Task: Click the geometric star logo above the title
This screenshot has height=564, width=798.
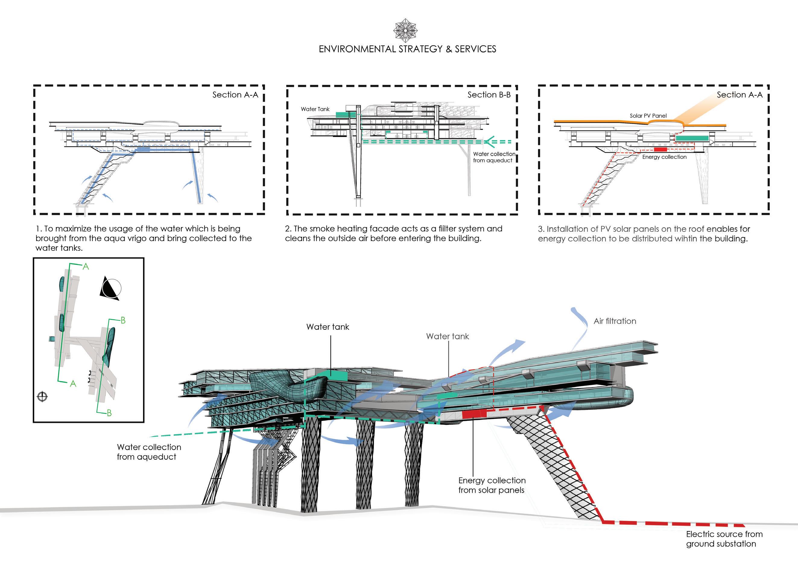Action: click(x=405, y=30)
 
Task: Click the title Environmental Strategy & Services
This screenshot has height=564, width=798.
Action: click(x=407, y=49)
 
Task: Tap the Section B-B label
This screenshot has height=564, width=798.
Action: click(x=489, y=95)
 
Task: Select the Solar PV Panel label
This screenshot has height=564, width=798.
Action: click(x=648, y=116)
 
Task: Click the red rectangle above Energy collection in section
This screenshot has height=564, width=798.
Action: click(x=660, y=149)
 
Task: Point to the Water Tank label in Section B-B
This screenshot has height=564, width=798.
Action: click(x=315, y=109)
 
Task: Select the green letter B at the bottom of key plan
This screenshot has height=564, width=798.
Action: click(x=109, y=413)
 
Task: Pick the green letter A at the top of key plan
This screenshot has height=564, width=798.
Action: click(x=86, y=267)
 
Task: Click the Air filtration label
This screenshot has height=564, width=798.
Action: click(x=615, y=321)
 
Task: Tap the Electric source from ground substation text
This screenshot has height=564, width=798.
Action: click(x=724, y=539)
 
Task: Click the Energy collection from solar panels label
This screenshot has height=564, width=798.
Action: click(x=492, y=485)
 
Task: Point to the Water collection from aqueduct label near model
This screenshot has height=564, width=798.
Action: click(x=149, y=452)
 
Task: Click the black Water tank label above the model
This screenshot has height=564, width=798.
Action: click(x=328, y=327)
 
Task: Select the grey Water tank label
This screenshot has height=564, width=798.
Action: click(x=447, y=336)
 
